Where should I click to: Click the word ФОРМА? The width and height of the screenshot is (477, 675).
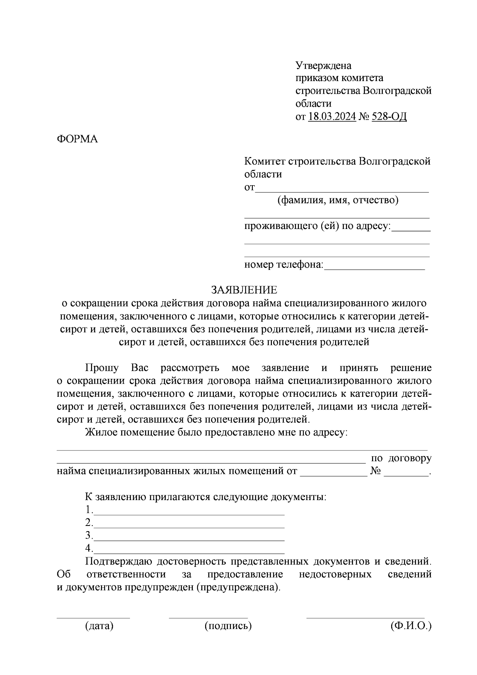tap(77, 139)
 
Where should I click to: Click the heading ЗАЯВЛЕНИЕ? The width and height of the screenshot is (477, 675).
tap(244, 290)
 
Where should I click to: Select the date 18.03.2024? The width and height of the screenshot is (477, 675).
tap(332, 117)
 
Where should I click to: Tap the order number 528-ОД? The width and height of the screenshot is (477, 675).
tap(389, 117)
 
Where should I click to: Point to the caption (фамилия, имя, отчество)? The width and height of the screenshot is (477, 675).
tap(337, 200)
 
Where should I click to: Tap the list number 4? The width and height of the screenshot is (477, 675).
tap(88, 549)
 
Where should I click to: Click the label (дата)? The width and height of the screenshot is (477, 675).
tap(99, 626)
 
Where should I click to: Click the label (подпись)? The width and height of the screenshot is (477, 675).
tap(228, 626)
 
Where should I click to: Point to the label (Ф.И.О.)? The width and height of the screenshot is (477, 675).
tap(411, 626)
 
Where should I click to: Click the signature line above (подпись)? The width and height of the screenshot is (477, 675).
tap(208, 617)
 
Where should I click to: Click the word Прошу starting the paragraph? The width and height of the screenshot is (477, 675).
tap(101, 368)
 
